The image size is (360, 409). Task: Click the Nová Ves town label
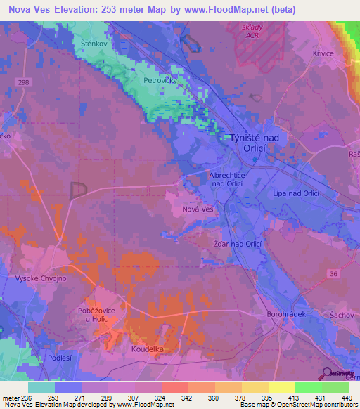(198, 209)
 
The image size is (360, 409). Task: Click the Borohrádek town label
(286, 315)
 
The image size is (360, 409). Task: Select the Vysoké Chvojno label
(36, 278)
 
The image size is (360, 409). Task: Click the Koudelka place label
(148, 349)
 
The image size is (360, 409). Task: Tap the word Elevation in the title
(83, 9)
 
